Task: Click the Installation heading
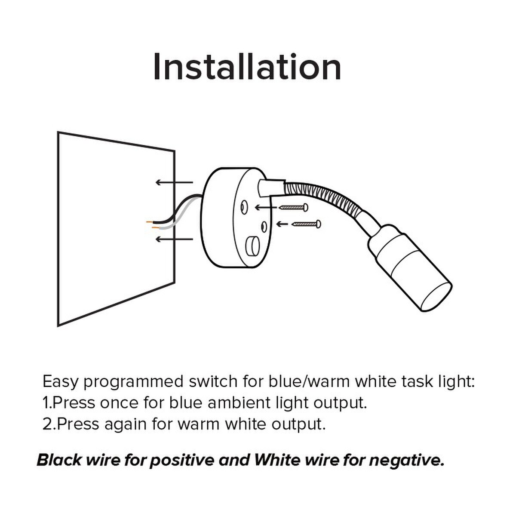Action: (247, 67)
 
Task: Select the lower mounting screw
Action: (306, 224)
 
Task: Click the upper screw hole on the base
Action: (244, 208)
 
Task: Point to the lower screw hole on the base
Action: (264, 227)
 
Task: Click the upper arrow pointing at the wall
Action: (174, 182)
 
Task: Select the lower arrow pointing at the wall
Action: (174, 239)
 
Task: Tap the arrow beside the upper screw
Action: (266, 207)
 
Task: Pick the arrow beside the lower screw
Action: (282, 224)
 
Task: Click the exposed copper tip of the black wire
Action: (150, 222)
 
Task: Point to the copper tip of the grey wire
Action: (155, 227)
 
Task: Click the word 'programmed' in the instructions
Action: (133, 382)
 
